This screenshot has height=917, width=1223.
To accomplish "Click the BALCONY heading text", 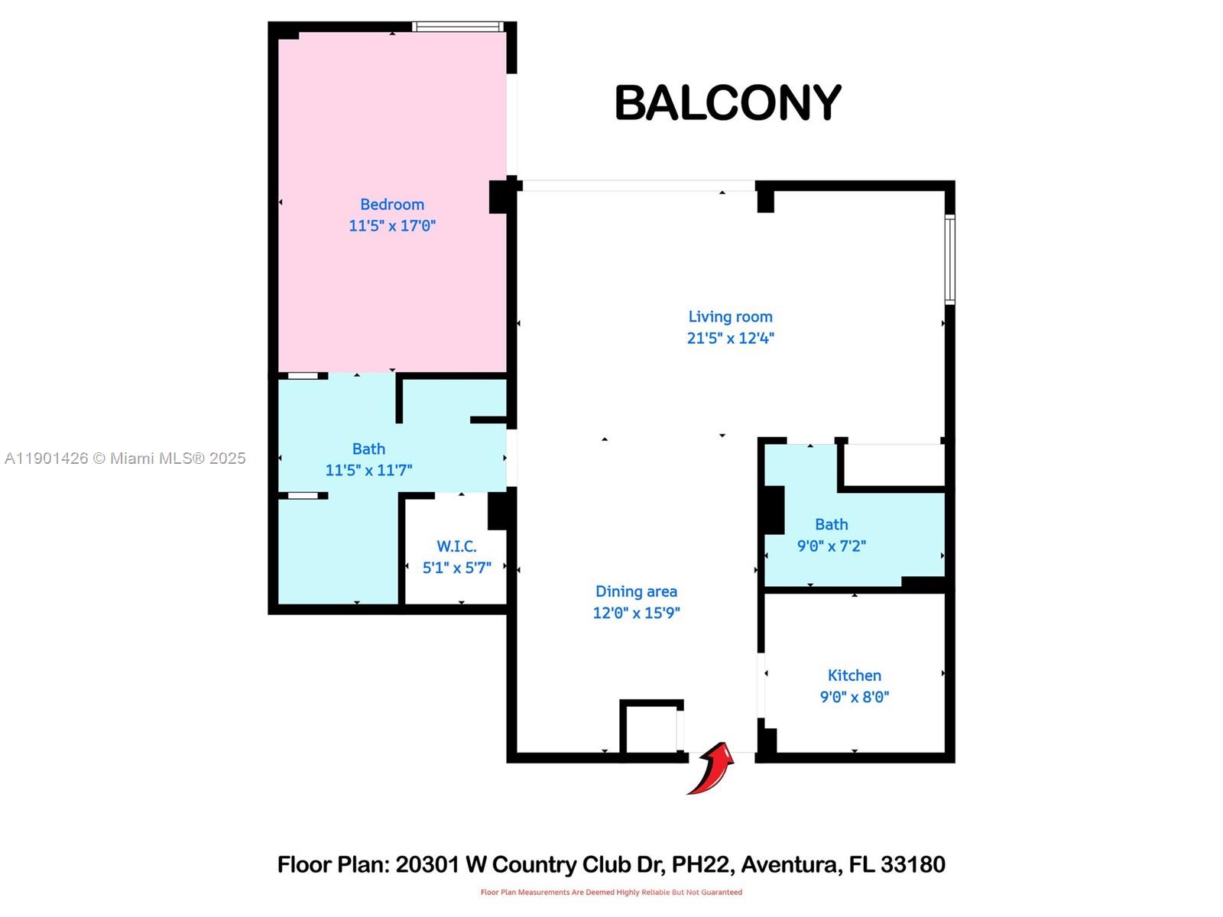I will tap(727, 103).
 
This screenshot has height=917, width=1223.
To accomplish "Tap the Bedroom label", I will tap(392, 204).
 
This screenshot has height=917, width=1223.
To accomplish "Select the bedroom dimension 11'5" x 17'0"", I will tap(392, 225).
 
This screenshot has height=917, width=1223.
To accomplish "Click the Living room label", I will tap(730, 316).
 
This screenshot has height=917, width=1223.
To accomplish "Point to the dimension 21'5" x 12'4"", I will tap(730, 338).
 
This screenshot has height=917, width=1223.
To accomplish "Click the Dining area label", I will tap(636, 591).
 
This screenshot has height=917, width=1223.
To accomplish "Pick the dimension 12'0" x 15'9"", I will tap(636, 613).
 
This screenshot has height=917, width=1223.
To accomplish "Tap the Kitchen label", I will tap(854, 676).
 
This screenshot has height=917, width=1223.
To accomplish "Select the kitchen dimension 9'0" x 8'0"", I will tap(854, 697).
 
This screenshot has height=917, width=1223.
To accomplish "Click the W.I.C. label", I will tap(456, 546).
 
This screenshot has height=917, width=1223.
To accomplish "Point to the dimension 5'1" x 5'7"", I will tap(456, 568).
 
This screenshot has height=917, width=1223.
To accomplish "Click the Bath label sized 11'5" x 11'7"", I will tap(368, 449).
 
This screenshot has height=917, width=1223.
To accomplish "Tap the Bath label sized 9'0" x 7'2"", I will tap(831, 524).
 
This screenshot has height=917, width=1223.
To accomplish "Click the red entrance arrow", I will tap(711, 768).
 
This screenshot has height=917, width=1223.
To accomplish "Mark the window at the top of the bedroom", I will tap(458, 27).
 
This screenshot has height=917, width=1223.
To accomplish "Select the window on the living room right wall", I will tap(949, 260).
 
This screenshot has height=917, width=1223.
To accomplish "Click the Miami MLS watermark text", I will tap(125, 458).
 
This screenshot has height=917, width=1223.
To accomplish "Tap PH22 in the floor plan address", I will tap(702, 864).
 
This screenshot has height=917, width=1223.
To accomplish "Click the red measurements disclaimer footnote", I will tap(611, 892).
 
